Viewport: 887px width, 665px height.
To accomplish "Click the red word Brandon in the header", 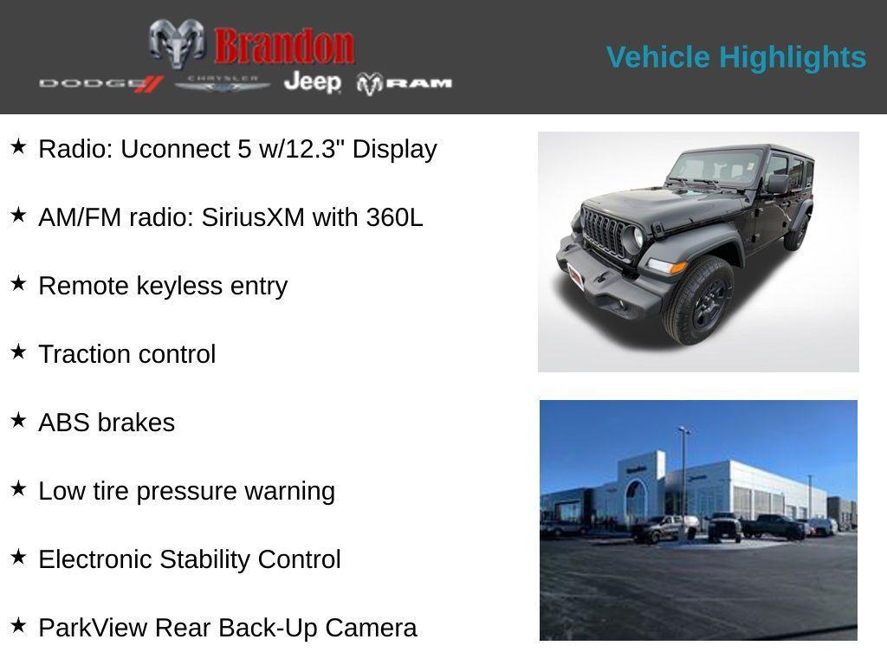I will coord(284,46).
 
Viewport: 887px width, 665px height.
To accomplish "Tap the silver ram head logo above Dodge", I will coord(177,42).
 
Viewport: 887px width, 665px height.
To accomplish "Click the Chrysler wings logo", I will coord(223,83).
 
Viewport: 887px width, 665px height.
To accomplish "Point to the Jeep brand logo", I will coord(313,82).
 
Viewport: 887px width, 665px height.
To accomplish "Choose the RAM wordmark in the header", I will coord(405,83).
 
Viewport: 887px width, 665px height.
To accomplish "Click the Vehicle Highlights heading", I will coord(735,57).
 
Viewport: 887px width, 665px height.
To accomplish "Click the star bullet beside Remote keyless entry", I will coord(18,283).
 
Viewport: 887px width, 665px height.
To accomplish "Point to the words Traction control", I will coord(126,354).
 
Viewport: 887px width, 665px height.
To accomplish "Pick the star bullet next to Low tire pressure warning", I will coord(18,488).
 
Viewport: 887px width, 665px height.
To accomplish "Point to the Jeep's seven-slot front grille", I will coord(606,233).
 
